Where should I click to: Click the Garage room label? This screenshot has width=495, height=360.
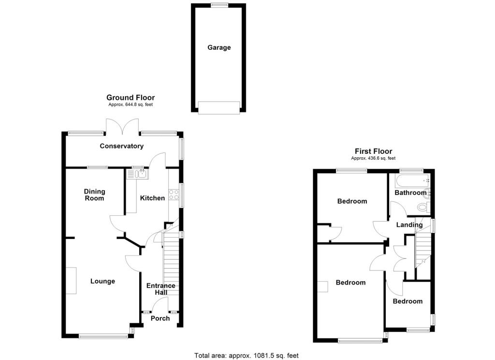pos(219,47)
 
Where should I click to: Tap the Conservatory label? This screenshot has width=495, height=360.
pos(122,146)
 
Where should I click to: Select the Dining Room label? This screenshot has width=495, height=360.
pos(94,195)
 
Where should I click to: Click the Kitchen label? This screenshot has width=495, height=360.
pos(152,198)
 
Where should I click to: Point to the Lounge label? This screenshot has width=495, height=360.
pos(102,281)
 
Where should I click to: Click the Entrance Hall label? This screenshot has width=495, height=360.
pos(161,289)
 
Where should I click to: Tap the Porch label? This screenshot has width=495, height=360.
pos(160,318)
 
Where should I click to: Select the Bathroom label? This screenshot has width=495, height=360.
pos(410,193)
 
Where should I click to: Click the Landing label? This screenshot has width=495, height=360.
pos(409,225)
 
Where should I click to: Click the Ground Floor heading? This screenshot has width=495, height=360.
pos(131,98)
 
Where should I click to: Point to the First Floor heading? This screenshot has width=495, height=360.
pos(373,151)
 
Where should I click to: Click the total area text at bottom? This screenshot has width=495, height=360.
pos(247,356)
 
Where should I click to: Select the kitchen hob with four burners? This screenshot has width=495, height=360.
pos(174,195)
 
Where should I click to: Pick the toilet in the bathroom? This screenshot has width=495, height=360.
pos(423,207)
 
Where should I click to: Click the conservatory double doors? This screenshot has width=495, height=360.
pos(123,127)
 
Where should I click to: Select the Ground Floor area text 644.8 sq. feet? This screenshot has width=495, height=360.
pos(131,105)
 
